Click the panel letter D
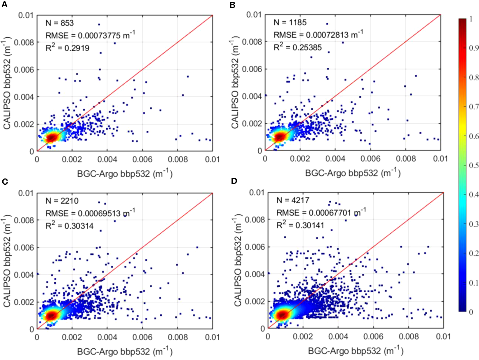coord(234,181)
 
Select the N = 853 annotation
coord(60,23)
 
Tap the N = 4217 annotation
coord(293,200)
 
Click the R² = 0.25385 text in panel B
coord(297,47)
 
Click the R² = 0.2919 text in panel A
coord(67,48)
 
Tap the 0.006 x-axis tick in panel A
coord(142,159)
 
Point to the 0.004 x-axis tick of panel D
coord(338,336)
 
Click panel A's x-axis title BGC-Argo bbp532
coord(125,174)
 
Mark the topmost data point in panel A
coord(99,25)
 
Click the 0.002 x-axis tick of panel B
coord(300,159)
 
